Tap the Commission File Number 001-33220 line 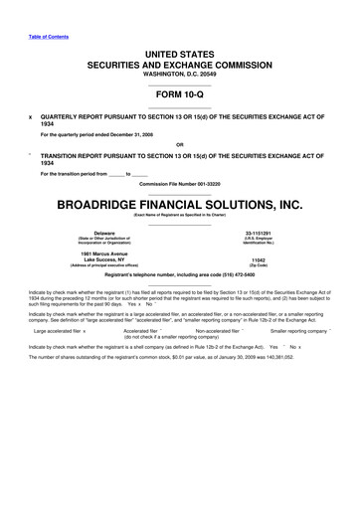pyautogui.click(x=180, y=186)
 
